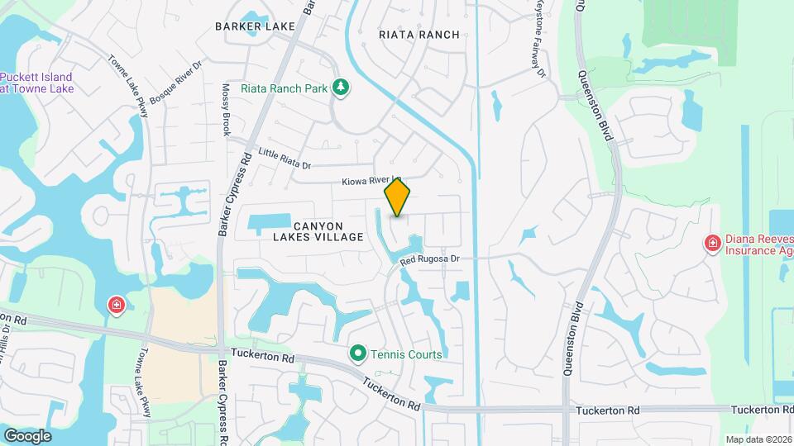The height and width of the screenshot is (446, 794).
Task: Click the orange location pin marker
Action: [397, 197]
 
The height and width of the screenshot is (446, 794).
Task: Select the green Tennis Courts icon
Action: [358, 353]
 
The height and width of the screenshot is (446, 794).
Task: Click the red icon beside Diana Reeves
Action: [711, 243]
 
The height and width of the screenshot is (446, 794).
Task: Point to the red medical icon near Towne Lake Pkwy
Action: [117, 306]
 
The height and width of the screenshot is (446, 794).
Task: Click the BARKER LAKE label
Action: [255, 26]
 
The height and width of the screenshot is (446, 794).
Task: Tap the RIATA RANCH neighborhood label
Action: [418, 35]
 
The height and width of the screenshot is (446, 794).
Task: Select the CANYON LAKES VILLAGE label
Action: [318, 231]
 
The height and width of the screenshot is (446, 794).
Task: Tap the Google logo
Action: [27, 435]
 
